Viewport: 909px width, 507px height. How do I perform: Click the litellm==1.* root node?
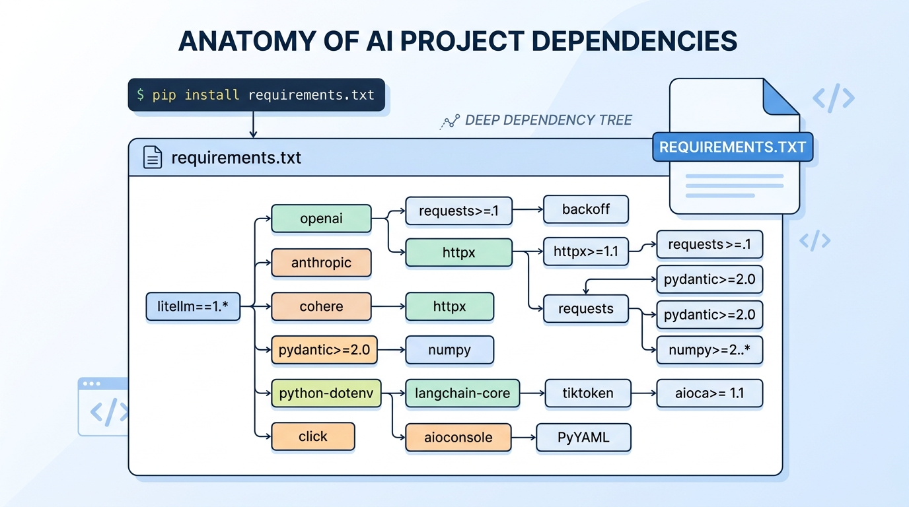[193, 307]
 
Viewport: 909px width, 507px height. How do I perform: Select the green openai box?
[321, 219]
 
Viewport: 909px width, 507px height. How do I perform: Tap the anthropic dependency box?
[321, 263]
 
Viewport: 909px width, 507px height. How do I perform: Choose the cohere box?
[321, 307]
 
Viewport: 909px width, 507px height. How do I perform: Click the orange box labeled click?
[313, 436]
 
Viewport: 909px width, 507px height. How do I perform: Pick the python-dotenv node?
[326, 393]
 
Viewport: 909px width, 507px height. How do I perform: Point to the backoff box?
[585, 209]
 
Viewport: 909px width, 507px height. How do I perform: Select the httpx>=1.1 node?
[585, 252]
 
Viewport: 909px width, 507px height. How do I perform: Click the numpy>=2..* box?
[709, 350]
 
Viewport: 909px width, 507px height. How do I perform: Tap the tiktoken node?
[587, 393]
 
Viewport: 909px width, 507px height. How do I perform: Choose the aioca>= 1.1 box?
[709, 393]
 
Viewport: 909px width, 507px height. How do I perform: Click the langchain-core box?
[462, 393]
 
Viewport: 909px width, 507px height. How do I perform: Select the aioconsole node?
[458, 437]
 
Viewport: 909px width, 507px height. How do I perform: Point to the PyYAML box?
[583, 437]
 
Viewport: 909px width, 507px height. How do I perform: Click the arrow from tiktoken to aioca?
[644, 393]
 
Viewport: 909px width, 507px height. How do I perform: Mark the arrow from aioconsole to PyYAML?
[524, 437]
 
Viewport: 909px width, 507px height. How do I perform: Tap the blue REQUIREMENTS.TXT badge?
[733, 147]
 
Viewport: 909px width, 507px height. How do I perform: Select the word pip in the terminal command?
[164, 95]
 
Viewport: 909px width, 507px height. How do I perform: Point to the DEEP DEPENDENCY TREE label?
[548, 120]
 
